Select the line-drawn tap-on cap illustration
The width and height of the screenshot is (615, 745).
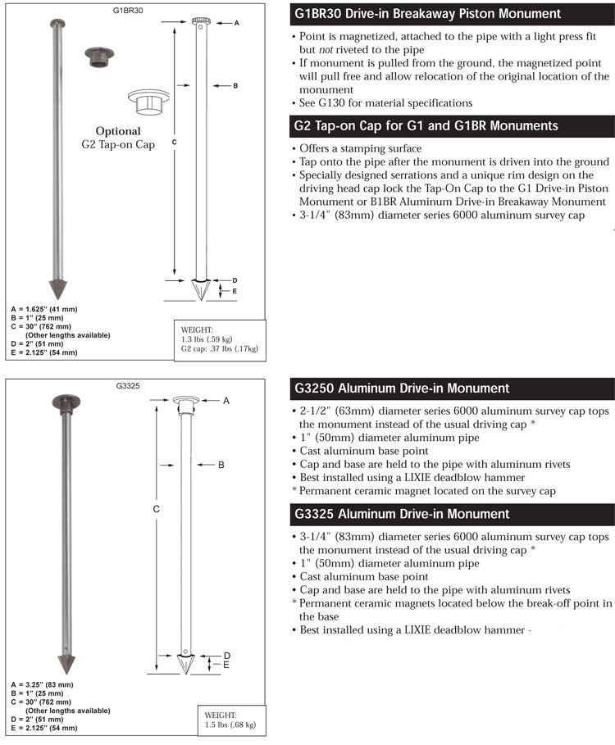click(x=149, y=102)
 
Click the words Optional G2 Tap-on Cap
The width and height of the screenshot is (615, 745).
click(x=118, y=138)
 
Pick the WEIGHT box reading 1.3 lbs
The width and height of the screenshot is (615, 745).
click(x=220, y=337)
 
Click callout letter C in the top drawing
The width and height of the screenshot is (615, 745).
click(x=175, y=142)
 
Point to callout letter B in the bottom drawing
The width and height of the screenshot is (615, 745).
click(x=221, y=465)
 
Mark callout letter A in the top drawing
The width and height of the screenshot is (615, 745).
click(x=236, y=23)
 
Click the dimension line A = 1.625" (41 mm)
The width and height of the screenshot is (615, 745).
click(x=42, y=308)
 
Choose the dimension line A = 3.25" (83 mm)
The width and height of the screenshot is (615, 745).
click(x=42, y=684)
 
